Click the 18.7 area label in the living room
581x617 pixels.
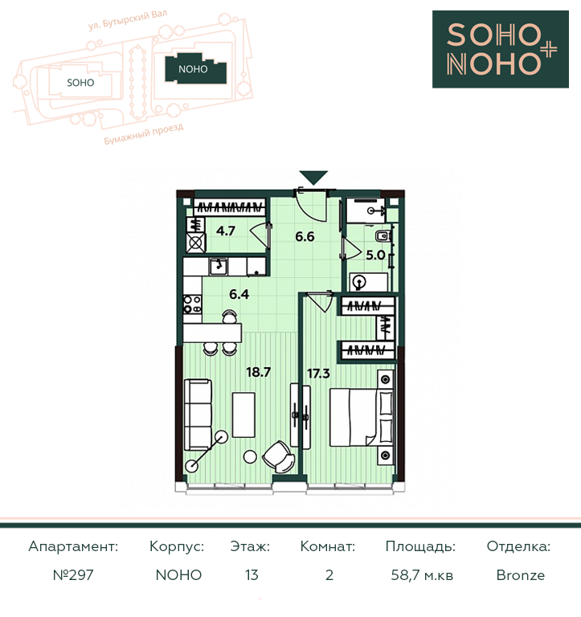tap(258, 372)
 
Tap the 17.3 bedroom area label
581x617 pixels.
tap(318, 373)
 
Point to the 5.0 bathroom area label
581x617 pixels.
tap(375, 255)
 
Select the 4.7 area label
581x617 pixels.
tap(226, 231)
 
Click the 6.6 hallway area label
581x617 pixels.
tap(305, 236)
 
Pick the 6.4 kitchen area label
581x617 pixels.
tap(239, 294)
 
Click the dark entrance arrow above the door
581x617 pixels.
tap(313, 178)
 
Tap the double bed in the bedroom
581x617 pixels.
tap(362, 418)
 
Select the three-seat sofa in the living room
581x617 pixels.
tap(198, 415)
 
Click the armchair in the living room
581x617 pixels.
tap(278, 456)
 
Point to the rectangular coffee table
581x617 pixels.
tap(243, 415)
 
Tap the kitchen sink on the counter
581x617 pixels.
tap(218, 267)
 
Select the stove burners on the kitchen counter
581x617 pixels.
tap(193, 304)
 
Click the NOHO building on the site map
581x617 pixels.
tap(195, 69)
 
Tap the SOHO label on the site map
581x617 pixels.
tap(80, 83)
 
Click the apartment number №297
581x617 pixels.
tap(73, 575)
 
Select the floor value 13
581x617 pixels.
tap(252, 575)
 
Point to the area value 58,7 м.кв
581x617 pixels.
tap(422, 575)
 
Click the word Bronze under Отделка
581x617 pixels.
tap(521, 575)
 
